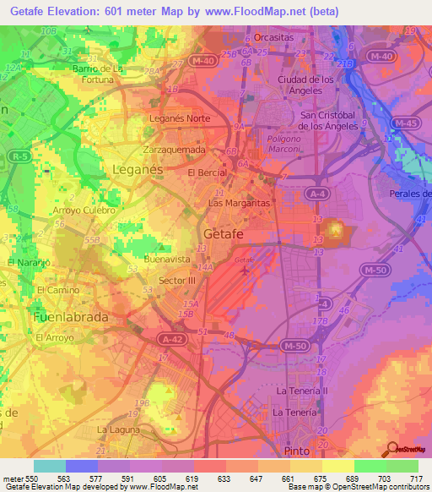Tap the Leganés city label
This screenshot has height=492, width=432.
click(x=137, y=170)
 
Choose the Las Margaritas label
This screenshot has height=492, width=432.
click(x=239, y=204)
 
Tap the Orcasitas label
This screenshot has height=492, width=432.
click(x=273, y=38)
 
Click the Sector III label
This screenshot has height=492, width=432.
click(x=177, y=280)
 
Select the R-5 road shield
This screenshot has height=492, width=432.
click(x=16, y=156)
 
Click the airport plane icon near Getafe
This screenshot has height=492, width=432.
click(x=245, y=271)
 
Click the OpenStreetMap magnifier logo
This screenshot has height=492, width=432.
click(x=391, y=451)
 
